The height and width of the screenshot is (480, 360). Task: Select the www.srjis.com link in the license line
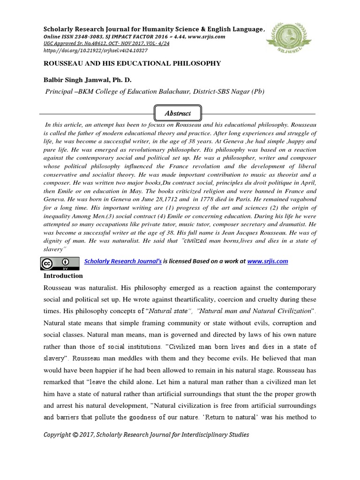268,262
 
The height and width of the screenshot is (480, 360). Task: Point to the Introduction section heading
63,276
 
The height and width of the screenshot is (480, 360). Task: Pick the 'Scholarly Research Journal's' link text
122,262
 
